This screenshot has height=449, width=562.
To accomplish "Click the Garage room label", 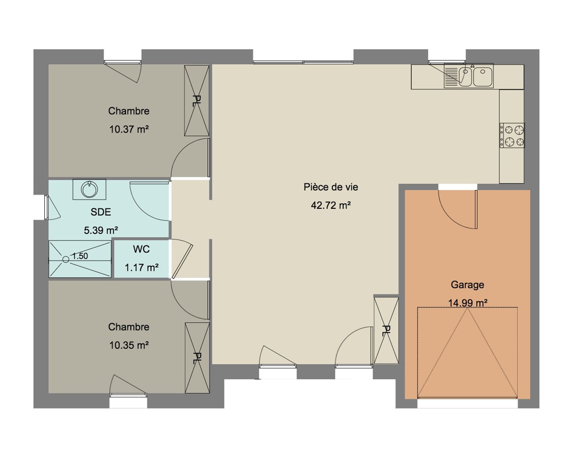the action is (467, 285).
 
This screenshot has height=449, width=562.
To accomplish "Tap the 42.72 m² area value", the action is (330, 205).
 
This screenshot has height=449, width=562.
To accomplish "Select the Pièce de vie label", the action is (330, 187).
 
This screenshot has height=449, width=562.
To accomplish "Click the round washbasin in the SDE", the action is (89, 189).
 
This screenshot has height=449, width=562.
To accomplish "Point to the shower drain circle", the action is (66, 259).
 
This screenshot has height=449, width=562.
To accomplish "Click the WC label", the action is (141, 249).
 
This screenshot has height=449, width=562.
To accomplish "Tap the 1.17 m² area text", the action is (142, 268).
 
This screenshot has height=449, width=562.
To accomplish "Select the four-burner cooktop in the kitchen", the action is (512, 135).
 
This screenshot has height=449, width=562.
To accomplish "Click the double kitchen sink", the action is (468, 76).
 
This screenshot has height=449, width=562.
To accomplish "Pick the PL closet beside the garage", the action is (386, 330).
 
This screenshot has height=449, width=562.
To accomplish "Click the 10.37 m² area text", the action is (129, 129).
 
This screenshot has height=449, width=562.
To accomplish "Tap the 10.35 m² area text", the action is (129, 345).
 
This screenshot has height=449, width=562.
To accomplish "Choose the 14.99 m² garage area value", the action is (468, 303).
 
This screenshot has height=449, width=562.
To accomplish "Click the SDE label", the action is (101, 212).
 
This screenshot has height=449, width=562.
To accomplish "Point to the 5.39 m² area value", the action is (101, 230).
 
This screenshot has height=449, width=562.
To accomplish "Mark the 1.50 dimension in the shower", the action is (80, 256).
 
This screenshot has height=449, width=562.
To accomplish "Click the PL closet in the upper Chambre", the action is (197, 100).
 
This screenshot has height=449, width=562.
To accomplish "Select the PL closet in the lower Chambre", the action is (197, 358).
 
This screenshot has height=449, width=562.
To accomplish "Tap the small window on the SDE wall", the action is (46, 207).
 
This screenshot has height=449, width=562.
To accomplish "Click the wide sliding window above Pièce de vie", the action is (303, 62).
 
